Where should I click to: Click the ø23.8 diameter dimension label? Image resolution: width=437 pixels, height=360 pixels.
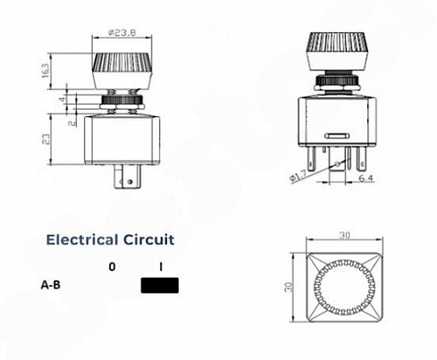(x=122, y=32)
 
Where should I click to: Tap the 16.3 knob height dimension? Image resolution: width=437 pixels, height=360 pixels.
(x=46, y=71)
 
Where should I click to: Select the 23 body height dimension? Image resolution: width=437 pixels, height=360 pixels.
(x=46, y=138)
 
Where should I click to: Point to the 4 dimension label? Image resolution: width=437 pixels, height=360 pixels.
(x=63, y=98)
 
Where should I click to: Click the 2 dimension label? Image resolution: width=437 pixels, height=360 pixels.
(x=71, y=122)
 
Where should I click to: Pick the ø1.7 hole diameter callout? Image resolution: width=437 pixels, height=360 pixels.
(x=298, y=175)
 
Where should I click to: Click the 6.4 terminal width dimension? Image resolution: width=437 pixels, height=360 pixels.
(x=366, y=178)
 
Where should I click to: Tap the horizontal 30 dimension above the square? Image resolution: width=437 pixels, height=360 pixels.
(x=344, y=235)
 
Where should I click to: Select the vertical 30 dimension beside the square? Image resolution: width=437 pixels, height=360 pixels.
(x=290, y=287)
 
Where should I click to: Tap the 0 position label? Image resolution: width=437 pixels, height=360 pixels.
(x=112, y=267)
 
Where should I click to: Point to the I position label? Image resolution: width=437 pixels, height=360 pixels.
(x=161, y=267)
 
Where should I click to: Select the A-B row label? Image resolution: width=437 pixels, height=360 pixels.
(x=50, y=285)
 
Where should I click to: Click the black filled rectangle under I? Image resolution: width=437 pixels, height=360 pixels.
(x=160, y=285)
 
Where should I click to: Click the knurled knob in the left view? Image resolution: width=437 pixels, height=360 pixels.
(x=122, y=71)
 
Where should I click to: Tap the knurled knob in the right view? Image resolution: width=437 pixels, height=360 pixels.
(x=337, y=51)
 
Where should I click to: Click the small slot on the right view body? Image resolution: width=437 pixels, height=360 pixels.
(x=337, y=136)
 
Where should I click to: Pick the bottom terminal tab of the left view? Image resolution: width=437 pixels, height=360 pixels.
(x=127, y=177)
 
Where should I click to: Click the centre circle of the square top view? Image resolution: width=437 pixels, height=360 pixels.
(x=344, y=287)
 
